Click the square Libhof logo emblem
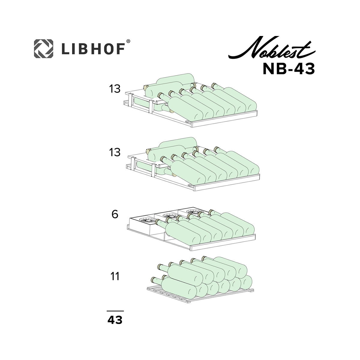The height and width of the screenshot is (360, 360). tap(43, 49)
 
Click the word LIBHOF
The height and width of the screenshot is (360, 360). tap(93, 49)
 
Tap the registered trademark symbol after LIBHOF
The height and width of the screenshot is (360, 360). tap(128, 41)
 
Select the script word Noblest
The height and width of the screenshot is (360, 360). tap(272, 48)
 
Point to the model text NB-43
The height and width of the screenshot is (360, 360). tap(289, 69)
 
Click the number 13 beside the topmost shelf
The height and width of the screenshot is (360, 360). tap(115, 89)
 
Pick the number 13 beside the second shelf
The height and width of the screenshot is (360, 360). tap(115, 152)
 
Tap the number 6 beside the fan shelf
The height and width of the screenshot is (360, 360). tap(115, 214)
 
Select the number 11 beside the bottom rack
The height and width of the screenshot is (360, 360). tap(115, 276)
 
